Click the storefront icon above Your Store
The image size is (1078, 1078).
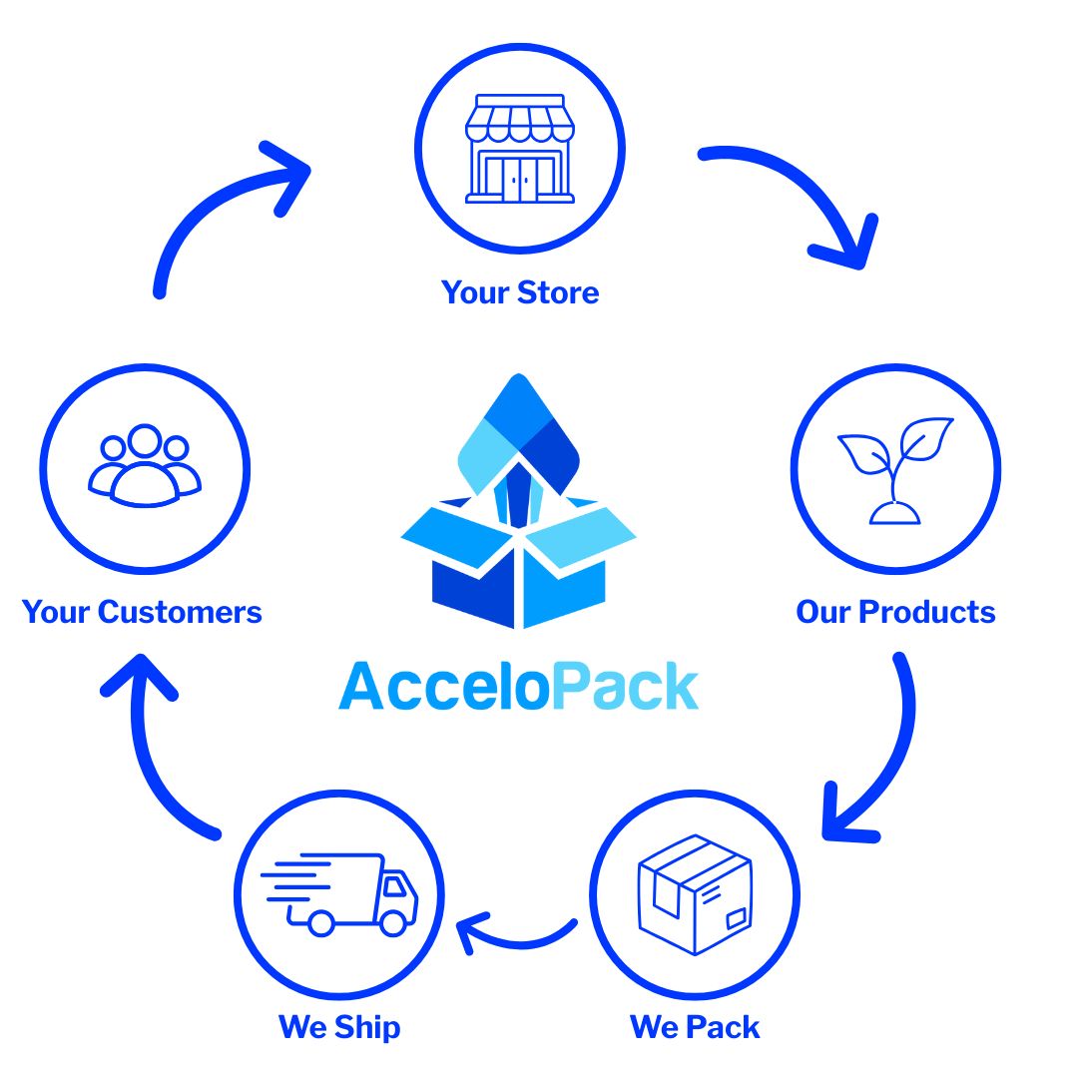pyautogui.click(x=519, y=150)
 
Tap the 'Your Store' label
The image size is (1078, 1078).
pyautogui.click(x=520, y=292)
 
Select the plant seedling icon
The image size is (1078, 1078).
pyautogui.click(x=895, y=469)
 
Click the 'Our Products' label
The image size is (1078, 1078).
pyautogui.click(x=895, y=612)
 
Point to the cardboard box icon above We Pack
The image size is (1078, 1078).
pyautogui.click(x=695, y=893)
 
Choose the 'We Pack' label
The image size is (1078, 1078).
pyautogui.click(x=695, y=1027)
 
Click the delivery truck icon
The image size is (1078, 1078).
pyautogui.click(x=339, y=893)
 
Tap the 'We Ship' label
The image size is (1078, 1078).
pyautogui.click(x=339, y=1027)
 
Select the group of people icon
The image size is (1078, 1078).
pyautogui.click(x=145, y=467)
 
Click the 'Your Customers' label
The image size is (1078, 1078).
pyautogui.click(x=142, y=612)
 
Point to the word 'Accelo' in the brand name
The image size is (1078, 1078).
pyautogui.click(x=444, y=687)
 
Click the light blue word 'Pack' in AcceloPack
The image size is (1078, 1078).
pyautogui.click(x=624, y=687)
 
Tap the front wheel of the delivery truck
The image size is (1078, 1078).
pyautogui.click(x=394, y=922)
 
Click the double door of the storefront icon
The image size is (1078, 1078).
pyautogui.click(x=519, y=180)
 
